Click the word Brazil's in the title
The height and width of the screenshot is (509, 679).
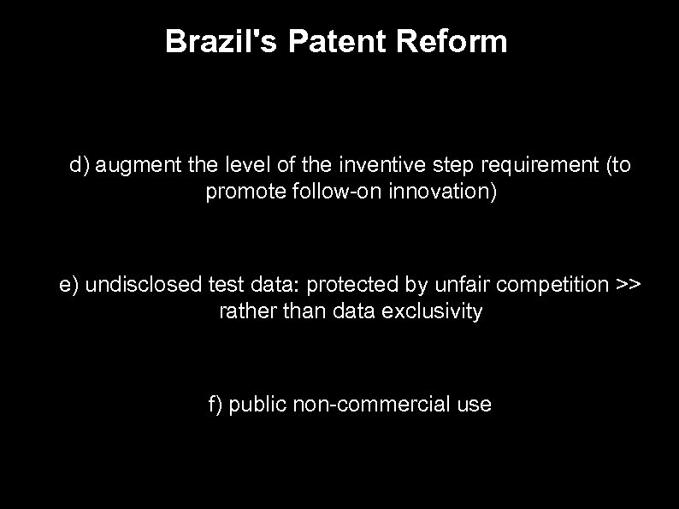click(x=221, y=41)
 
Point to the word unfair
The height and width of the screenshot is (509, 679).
click(x=463, y=285)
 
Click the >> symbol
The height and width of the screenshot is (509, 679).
click(x=627, y=285)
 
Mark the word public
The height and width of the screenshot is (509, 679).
click(x=258, y=405)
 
